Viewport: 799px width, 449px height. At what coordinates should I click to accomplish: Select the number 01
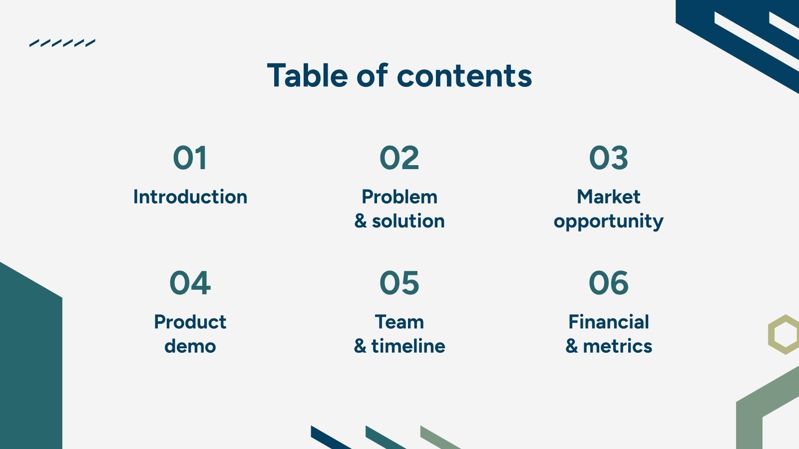tap(190, 158)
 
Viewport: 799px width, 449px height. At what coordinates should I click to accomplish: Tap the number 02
tap(399, 158)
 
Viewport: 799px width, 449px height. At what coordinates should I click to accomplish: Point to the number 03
tap(608, 158)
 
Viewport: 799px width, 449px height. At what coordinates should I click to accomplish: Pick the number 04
tap(190, 283)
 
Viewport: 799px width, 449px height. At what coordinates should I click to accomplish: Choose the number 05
tap(399, 283)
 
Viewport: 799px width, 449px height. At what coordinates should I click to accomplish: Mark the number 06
tap(608, 283)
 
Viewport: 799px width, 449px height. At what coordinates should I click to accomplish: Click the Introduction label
tap(190, 197)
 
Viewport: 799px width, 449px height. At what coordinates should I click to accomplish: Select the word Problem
tap(399, 197)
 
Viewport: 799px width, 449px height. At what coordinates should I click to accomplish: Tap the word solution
tap(408, 221)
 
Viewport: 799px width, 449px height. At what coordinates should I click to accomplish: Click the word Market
tap(608, 197)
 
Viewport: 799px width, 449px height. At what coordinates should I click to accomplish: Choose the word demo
tap(190, 346)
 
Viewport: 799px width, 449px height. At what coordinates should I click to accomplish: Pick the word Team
tap(399, 322)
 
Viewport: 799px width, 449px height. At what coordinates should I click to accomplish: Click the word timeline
tap(408, 346)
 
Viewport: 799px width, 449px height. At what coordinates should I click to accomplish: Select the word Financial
tap(608, 322)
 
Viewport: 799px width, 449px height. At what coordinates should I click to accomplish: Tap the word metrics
tap(617, 346)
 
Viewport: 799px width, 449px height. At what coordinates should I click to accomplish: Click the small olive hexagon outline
tap(785, 334)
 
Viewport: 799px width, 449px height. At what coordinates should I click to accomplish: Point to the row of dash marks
tap(62, 43)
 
